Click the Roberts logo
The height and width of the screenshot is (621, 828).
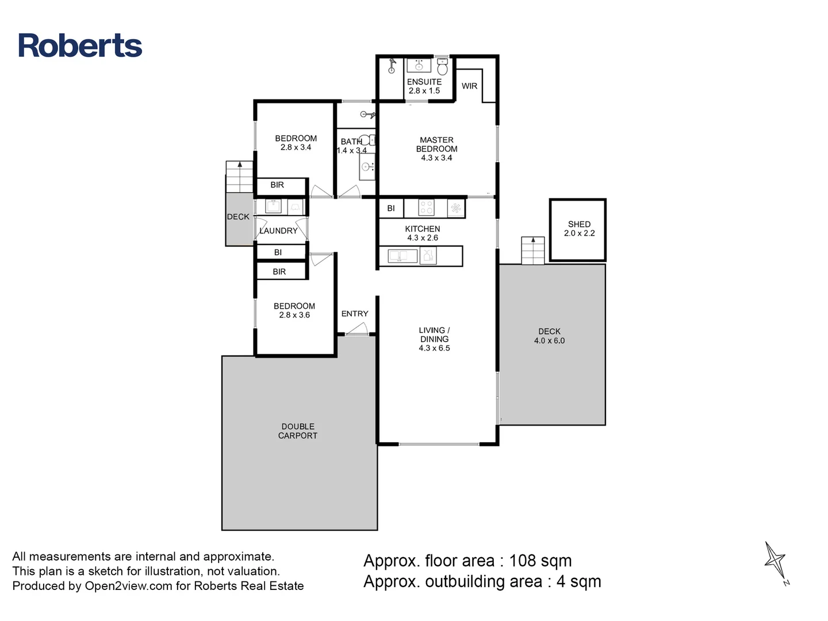(80, 46)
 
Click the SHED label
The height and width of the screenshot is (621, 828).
(579, 224)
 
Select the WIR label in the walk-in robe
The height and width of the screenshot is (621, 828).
(469, 86)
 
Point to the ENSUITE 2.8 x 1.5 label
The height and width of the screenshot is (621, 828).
(424, 86)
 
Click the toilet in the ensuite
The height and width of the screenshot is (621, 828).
(442, 67)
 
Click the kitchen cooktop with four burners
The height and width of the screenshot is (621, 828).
(426, 208)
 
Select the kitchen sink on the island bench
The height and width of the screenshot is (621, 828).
(402, 255)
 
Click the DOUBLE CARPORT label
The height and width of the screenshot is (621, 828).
(298, 431)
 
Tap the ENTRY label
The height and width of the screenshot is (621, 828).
(355, 314)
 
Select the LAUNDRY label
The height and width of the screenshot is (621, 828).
(279, 231)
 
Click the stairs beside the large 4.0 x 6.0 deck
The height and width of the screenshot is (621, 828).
(532, 251)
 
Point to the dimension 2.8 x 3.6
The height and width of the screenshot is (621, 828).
(294, 315)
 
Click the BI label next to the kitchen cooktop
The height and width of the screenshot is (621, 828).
(391, 208)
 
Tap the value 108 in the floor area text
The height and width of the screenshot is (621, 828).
(523, 561)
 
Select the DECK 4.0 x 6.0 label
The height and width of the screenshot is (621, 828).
(549, 336)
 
